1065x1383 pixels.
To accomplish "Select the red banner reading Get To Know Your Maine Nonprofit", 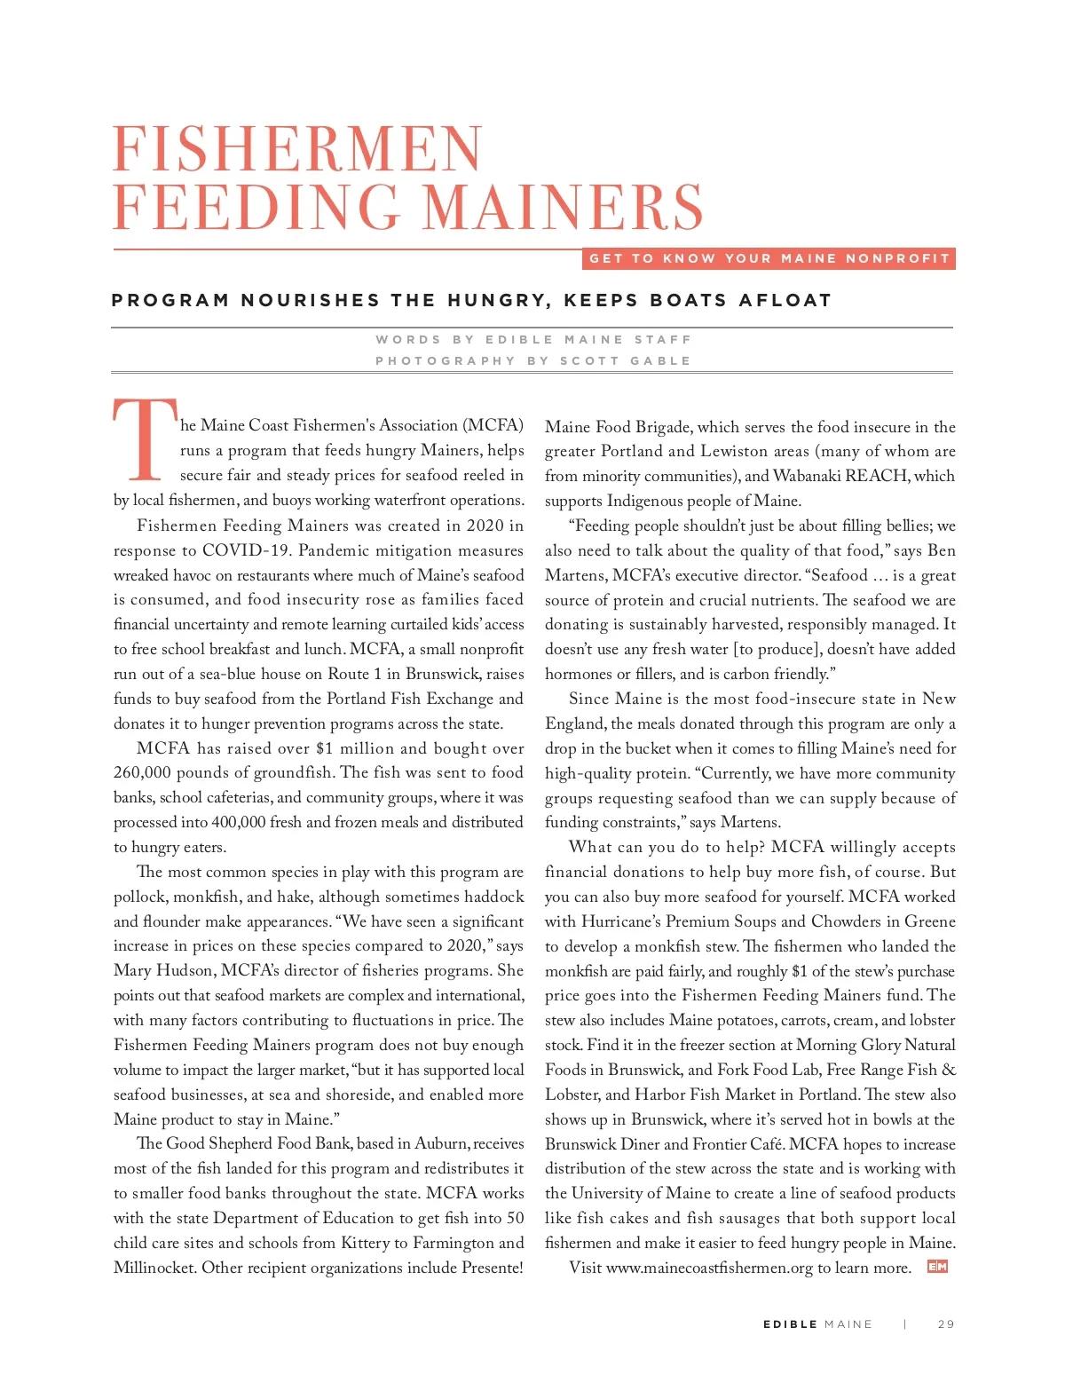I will click(769, 258).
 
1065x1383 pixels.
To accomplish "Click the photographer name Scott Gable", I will click(625, 360).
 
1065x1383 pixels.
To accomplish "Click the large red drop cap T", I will click(145, 439).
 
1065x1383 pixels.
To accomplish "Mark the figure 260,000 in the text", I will click(142, 772).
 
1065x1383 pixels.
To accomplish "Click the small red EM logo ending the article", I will click(937, 1267).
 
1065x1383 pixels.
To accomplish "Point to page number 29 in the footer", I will click(946, 1324).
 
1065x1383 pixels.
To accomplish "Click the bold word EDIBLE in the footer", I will click(790, 1324).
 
